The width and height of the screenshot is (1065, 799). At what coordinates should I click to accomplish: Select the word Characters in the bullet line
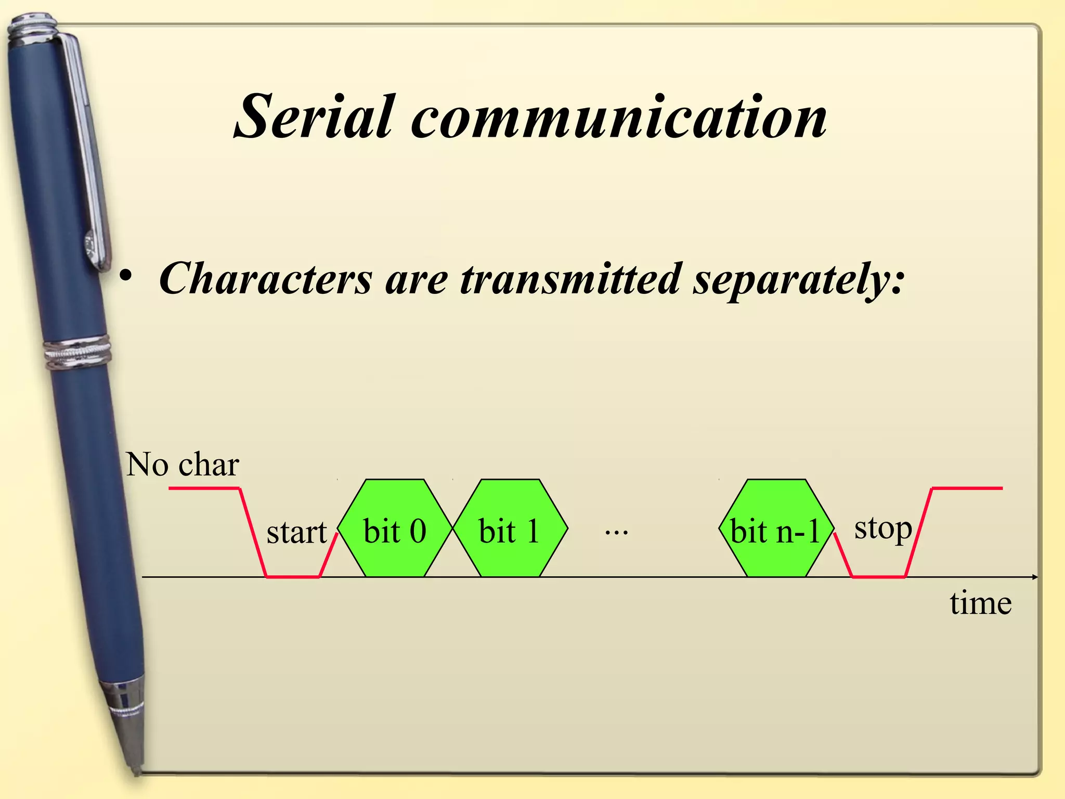[x=265, y=279]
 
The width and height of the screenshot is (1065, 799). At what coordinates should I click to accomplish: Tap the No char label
[x=183, y=464]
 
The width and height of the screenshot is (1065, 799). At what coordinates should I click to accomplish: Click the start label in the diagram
[x=296, y=532]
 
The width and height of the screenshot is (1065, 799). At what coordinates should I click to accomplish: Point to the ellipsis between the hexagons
[x=617, y=532]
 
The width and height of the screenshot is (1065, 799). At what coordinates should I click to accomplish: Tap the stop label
[x=883, y=529]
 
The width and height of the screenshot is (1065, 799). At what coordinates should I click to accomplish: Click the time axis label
[x=981, y=603]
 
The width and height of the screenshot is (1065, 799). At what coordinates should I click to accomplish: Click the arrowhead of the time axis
[x=1035, y=577]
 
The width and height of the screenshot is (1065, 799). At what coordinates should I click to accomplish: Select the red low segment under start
[x=293, y=577]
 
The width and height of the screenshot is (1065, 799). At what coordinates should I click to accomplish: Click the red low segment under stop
[x=878, y=577]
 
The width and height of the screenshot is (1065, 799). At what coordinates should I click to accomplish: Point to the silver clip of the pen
[x=88, y=156]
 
